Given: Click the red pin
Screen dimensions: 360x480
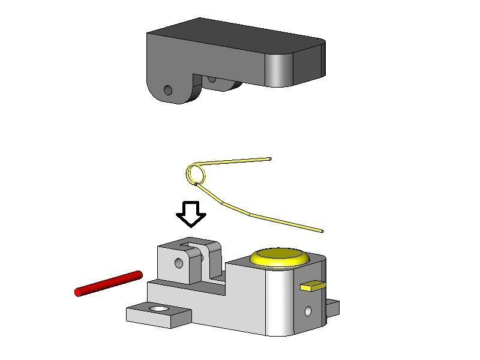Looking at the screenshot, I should pos(109,283).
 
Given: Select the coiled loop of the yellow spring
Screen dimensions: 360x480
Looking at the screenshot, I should pos(196,174).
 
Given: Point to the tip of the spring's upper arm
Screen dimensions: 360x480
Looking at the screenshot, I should pos(269,158).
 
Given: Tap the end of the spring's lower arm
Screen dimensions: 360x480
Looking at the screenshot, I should pos(322,231).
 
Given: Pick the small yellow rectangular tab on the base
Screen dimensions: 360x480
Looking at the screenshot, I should pos(312,286).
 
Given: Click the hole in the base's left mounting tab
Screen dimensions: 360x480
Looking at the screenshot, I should pos(159,308).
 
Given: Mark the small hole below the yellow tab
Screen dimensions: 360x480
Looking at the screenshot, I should pos(308,311).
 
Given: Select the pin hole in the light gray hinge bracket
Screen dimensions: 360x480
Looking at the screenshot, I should pos(178,263).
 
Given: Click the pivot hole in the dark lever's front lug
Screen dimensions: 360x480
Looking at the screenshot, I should pos(168,91).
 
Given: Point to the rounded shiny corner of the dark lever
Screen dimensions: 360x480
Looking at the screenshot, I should pos(279,69).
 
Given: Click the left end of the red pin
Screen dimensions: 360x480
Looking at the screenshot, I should pos(79,292).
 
